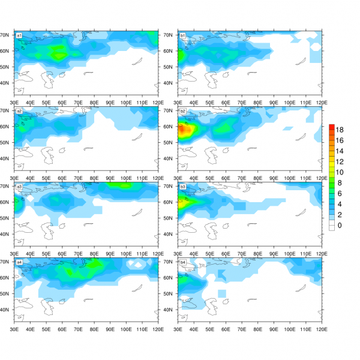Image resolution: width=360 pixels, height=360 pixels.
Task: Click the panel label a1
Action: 19,35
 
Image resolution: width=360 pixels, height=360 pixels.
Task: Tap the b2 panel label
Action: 182,111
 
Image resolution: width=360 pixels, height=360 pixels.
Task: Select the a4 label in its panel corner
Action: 19,262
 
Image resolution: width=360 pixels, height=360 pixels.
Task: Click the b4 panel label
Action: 182,262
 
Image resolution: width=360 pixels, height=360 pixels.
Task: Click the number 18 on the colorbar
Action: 340,130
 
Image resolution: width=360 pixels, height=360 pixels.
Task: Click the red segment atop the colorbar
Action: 331,127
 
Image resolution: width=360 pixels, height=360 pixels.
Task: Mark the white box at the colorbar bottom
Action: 331,226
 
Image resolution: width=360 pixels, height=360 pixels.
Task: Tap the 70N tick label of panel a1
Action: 7,35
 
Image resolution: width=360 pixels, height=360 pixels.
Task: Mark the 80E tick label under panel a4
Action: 94,329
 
